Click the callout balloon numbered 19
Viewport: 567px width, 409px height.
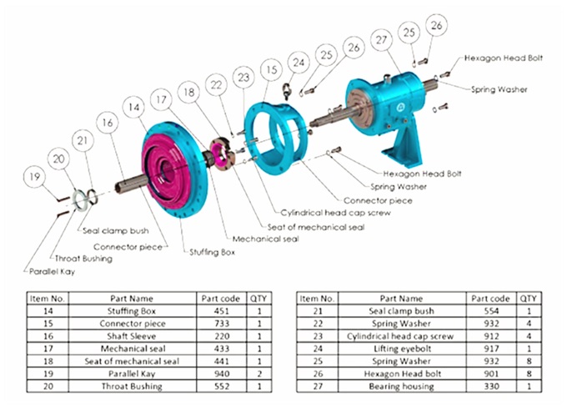33,176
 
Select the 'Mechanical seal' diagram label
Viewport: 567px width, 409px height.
265,239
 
